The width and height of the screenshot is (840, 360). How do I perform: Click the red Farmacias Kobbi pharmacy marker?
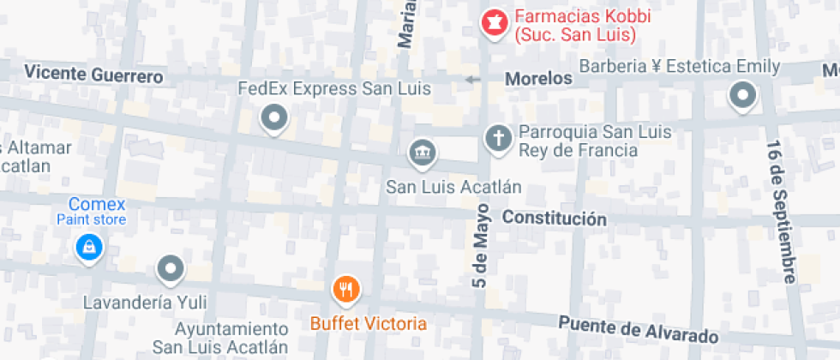tap(493, 23)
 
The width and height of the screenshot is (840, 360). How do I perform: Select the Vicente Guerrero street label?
tap(93, 75)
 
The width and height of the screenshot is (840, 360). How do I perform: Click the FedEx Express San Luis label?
tap(333, 88)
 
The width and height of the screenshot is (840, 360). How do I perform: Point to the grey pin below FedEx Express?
tap(274, 117)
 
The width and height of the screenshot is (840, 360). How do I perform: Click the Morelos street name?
tap(538, 79)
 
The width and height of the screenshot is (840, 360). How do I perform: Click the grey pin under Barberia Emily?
tap(742, 95)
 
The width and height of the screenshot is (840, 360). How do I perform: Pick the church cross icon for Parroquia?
tap(497, 137)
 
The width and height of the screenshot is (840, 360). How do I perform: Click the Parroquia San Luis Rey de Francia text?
tap(594, 141)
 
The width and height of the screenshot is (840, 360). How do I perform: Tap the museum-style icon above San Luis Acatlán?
tap(422, 153)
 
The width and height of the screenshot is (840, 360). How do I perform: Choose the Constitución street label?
tap(554, 219)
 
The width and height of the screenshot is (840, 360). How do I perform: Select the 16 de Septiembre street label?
tap(782, 211)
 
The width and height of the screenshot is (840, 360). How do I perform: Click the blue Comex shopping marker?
tap(88, 249)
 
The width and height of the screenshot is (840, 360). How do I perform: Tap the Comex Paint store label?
tap(93, 211)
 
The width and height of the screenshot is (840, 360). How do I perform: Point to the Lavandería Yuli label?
tap(145, 303)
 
